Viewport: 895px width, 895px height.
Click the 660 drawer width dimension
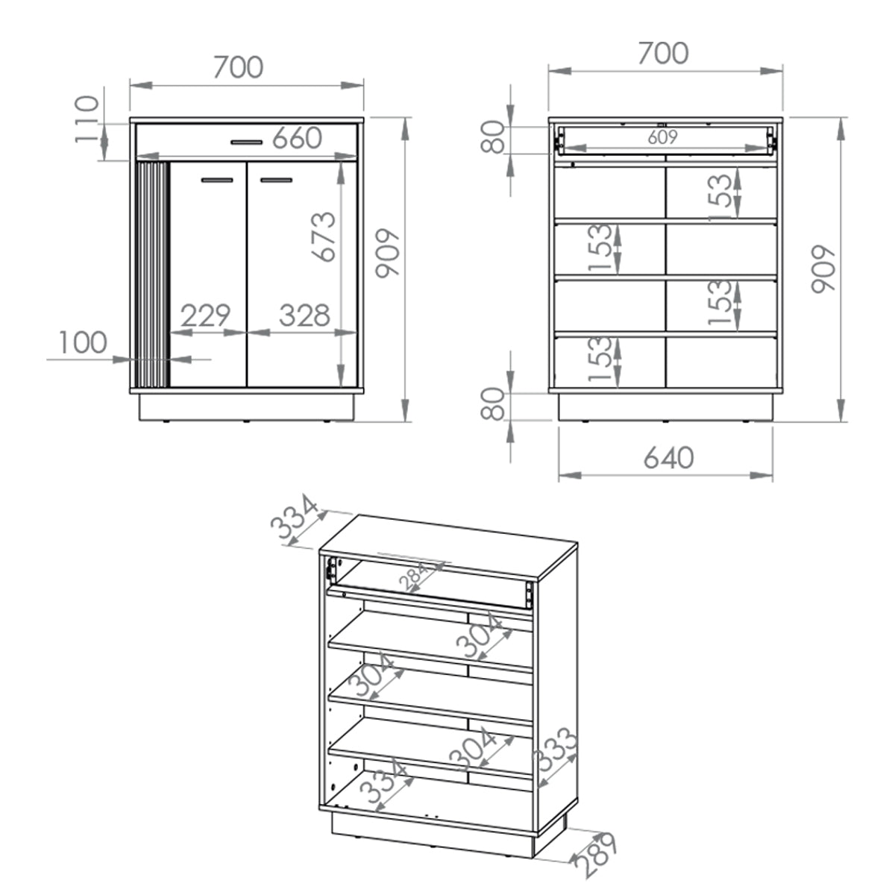[297, 138]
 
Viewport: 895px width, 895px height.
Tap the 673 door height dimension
[323, 237]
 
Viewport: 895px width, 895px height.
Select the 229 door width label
[205, 315]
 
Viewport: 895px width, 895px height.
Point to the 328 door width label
[304, 315]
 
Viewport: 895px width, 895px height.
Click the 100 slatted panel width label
[83, 343]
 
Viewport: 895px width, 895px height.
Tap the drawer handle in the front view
[247, 142]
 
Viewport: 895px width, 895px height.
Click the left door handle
[217, 180]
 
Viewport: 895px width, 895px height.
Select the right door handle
[277, 180]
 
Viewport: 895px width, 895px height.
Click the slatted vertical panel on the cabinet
[152, 274]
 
